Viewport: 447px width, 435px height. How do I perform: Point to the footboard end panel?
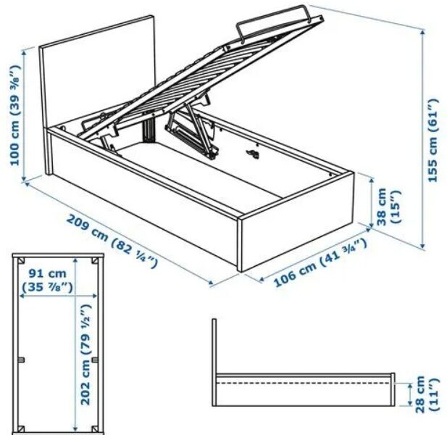(296, 222)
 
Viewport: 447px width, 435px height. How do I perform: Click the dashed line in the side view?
(303, 383)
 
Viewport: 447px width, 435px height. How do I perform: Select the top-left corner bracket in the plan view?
(20, 261)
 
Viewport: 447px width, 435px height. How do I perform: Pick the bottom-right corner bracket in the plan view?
(95, 428)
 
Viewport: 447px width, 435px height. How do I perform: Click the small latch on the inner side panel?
(253, 153)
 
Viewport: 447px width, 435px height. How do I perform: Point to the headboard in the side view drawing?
(214, 362)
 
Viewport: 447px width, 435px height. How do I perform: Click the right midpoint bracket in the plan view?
(95, 360)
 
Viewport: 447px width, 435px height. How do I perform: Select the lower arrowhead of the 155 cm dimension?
(423, 246)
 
